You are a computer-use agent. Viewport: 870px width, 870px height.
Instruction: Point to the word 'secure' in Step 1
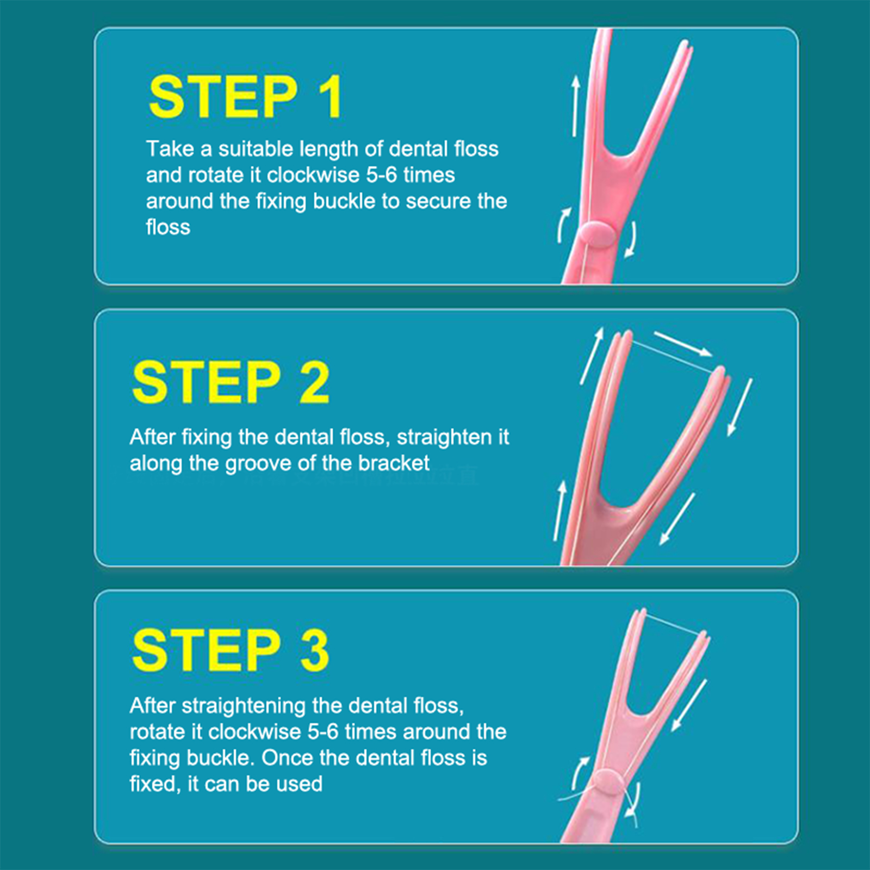438,201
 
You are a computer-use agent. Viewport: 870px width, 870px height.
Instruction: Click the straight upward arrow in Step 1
575,105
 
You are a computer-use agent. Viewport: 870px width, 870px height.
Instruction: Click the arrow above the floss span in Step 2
683,344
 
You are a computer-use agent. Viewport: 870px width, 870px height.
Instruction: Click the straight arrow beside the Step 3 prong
689,706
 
